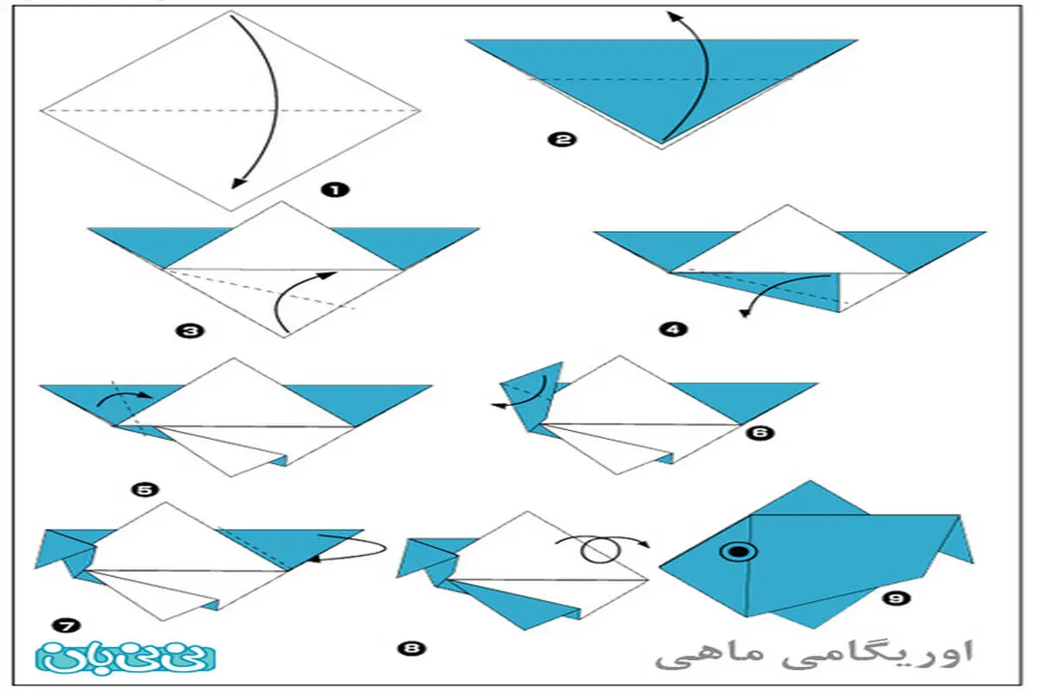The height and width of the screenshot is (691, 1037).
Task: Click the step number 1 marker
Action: pos(335,190)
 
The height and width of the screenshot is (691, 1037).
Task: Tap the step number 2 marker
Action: pos(562,139)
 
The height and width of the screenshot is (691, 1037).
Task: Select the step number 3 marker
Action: pos(190,331)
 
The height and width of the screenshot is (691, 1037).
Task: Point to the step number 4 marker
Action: pos(673,329)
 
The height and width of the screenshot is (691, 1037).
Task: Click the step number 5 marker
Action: pos(145,490)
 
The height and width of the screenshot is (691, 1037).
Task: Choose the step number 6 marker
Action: pos(760,433)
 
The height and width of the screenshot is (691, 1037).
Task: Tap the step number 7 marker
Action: pos(67,626)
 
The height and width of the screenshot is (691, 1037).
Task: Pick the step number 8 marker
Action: pos(411,648)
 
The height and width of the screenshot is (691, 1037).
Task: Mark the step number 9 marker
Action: pos(896,599)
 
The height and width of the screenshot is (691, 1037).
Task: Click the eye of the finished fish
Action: pos(739,552)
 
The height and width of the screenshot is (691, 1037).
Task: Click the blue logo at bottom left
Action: pos(125,657)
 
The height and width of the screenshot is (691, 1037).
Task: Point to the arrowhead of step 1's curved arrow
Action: pos(239,183)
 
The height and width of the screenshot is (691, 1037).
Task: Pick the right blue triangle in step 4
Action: pos(911,249)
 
